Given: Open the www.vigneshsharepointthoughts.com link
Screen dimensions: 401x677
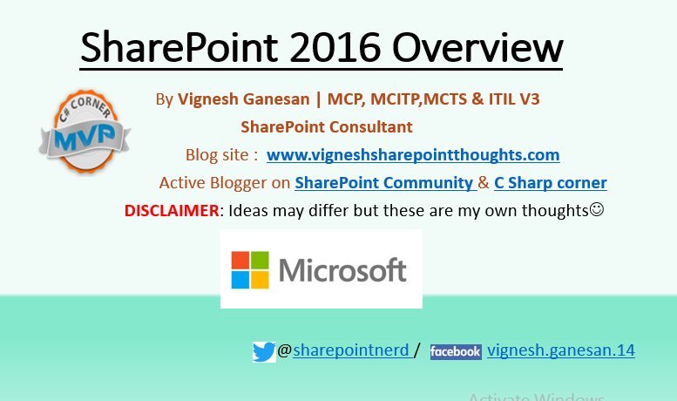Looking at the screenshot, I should click(413, 155).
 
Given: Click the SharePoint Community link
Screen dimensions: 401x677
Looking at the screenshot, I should click(383, 183).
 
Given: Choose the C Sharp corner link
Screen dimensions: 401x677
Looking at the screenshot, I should click(550, 183).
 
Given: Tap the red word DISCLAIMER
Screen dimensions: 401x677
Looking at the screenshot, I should click(171, 210).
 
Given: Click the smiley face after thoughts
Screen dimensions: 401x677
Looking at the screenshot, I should click(597, 210).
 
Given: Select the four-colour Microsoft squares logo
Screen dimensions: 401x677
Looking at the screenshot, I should click(250, 269).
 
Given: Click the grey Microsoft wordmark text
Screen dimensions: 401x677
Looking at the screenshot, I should click(343, 269).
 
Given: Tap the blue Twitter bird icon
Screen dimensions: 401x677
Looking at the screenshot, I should click(264, 351).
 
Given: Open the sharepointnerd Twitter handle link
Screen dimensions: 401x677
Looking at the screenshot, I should click(351, 350).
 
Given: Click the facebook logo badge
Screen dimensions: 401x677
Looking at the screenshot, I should click(456, 351).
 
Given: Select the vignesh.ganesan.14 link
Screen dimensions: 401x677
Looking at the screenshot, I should click(560, 350).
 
